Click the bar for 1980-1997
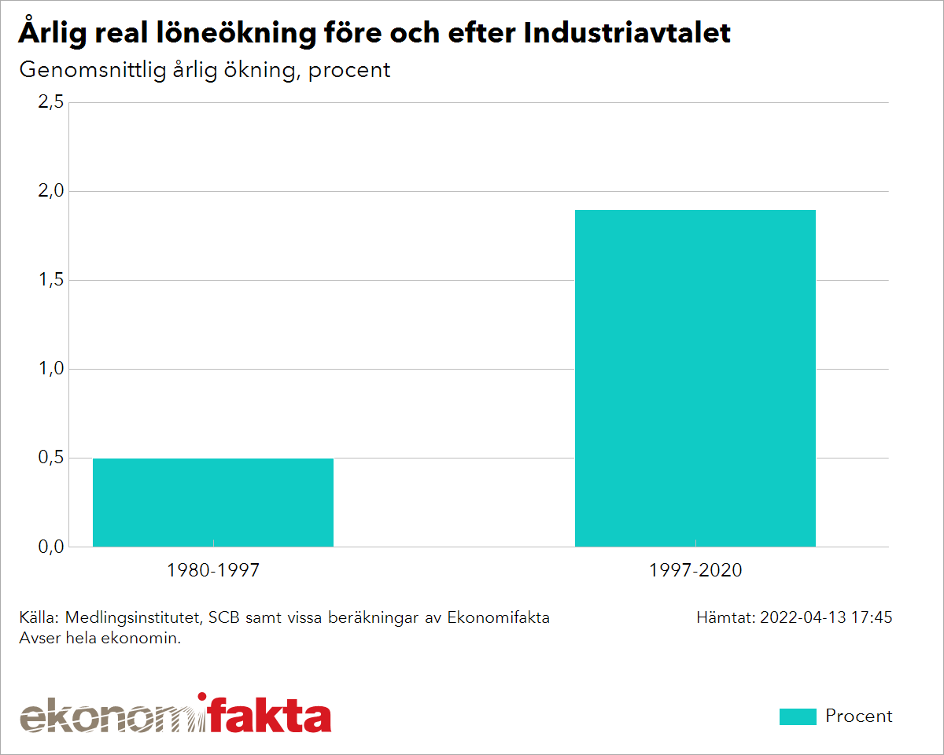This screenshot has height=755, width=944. [213, 503]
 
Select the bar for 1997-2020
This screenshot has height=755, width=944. [695, 378]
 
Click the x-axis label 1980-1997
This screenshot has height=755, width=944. [213, 571]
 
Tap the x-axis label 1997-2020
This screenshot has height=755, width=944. [695, 571]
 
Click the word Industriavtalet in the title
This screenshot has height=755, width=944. [627, 33]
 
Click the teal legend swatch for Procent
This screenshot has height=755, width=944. [798, 716]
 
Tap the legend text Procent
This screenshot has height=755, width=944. [859, 716]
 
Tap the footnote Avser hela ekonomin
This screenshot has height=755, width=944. [100, 638]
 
